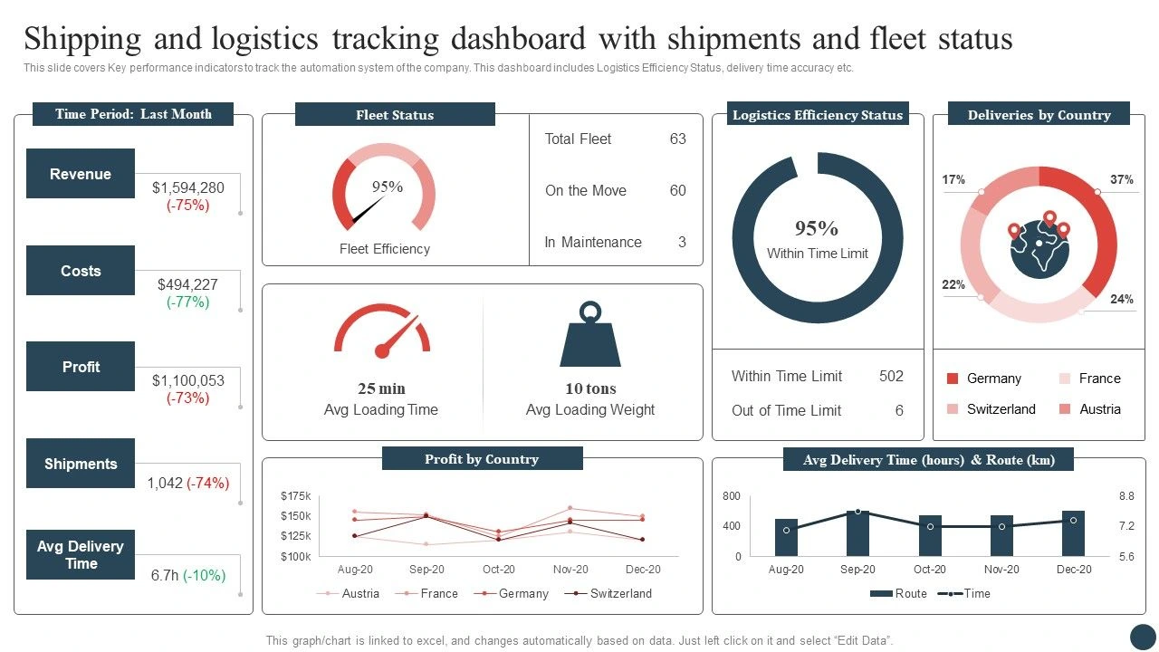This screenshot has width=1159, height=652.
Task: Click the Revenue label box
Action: (x=81, y=174)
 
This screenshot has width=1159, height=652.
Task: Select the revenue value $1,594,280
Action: (x=188, y=187)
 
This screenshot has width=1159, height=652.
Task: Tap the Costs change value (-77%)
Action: (x=188, y=302)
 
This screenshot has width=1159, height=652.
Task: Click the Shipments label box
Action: (x=81, y=464)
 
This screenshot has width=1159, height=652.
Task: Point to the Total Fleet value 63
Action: (x=677, y=139)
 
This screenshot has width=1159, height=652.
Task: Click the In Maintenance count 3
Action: (x=682, y=242)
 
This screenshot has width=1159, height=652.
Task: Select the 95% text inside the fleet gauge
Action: (x=388, y=187)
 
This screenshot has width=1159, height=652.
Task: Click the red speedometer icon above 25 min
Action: (x=382, y=331)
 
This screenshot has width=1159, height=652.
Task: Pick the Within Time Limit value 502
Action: (x=891, y=376)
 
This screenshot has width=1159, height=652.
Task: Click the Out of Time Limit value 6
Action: (x=899, y=410)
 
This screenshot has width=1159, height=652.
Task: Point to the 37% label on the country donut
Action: (x=1122, y=179)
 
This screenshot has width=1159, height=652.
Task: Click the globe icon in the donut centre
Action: (x=1039, y=244)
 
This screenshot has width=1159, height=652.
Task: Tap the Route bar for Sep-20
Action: (x=857, y=533)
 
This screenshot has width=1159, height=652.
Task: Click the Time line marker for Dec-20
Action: (x=1073, y=520)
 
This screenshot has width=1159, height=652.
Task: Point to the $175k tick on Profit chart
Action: (x=296, y=496)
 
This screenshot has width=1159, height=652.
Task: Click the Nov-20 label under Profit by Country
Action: (x=570, y=570)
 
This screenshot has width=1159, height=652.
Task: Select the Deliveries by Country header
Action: (x=1039, y=115)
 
